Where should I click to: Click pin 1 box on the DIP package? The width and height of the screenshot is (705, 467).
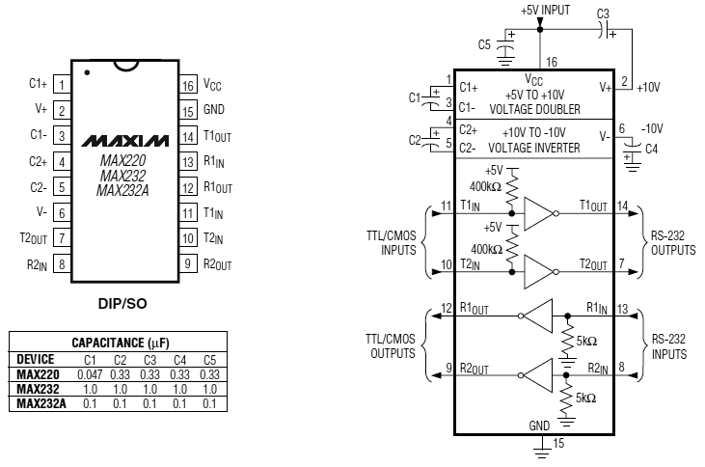click(x=62, y=84)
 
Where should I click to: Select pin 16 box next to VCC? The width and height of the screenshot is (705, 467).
click(x=188, y=85)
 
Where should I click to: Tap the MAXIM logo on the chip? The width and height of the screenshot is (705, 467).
click(x=125, y=141)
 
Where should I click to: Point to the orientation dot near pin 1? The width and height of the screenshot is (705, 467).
click(x=87, y=72)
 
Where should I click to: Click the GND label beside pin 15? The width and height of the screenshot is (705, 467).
click(x=213, y=109)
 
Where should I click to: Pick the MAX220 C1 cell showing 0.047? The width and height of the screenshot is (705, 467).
click(x=90, y=374)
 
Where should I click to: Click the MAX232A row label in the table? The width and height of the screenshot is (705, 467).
click(x=41, y=403)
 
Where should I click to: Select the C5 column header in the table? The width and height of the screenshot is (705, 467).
click(x=209, y=360)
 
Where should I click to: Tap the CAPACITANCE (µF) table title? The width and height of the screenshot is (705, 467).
click(x=121, y=343)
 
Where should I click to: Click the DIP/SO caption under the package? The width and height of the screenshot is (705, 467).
click(x=122, y=304)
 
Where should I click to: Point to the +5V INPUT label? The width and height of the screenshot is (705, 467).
click(x=545, y=10)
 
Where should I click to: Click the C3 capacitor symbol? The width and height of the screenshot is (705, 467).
click(x=606, y=30)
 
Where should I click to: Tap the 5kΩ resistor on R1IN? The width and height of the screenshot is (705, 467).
click(x=567, y=341)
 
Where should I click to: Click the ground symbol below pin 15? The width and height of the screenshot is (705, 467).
click(x=542, y=452)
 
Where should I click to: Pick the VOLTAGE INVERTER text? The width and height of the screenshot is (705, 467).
click(x=533, y=148)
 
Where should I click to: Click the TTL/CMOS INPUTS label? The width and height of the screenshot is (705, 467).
click(x=392, y=243)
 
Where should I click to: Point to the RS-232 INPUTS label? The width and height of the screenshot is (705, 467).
click(x=669, y=347)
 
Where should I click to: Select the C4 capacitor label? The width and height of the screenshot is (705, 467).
click(x=651, y=149)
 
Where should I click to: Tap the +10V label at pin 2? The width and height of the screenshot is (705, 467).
click(x=648, y=87)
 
